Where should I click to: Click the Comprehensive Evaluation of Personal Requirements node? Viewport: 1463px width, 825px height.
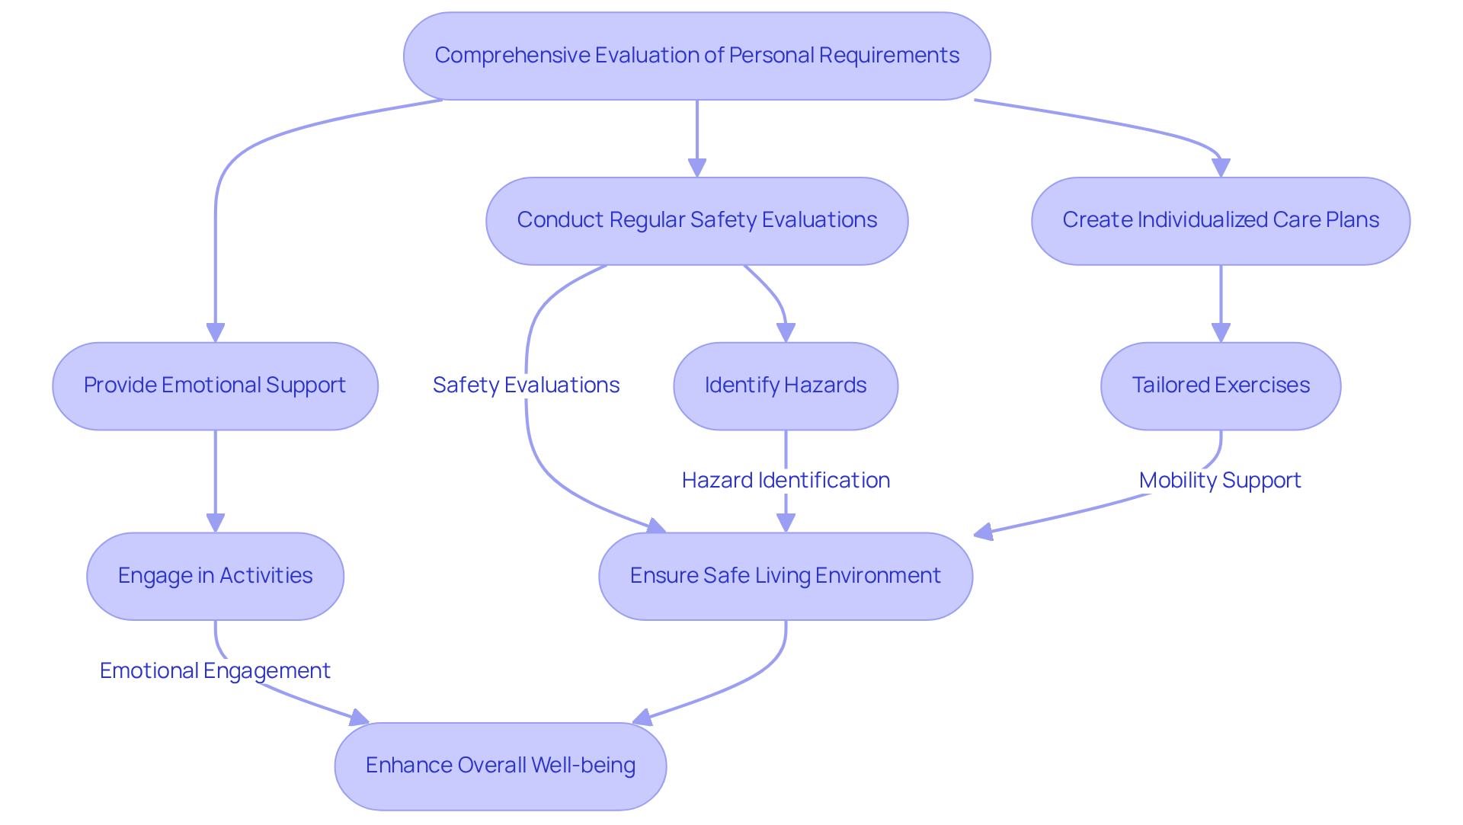click(696, 56)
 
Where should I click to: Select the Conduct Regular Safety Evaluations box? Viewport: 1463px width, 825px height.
click(696, 221)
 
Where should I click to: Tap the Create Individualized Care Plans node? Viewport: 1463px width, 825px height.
click(1220, 221)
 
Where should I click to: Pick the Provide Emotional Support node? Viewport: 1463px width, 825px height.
click(215, 385)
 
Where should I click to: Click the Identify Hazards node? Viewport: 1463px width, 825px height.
click(785, 385)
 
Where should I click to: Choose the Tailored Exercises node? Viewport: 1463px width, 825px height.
click(1220, 385)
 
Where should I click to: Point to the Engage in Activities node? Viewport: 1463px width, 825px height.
click(215, 576)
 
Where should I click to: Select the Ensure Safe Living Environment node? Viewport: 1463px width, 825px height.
click(785, 576)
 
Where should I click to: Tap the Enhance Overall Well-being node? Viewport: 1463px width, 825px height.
click(500, 766)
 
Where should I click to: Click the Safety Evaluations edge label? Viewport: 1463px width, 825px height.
click(526, 385)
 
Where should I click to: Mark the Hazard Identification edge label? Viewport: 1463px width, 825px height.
click(785, 481)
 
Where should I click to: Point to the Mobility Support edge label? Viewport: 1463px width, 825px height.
click(1220, 481)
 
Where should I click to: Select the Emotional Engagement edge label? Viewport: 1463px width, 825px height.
click(215, 670)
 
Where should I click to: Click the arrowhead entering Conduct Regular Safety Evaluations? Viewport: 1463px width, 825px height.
click(696, 168)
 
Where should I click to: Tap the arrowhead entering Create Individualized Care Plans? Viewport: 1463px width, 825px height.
click(1221, 168)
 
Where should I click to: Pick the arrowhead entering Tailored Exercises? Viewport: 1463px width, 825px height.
click(1221, 333)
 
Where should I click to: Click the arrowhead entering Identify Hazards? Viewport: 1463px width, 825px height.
click(786, 333)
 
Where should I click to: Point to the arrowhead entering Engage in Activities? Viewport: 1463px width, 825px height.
click(216, 523)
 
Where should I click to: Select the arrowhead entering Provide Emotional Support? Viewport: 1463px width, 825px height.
click(216, 333)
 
